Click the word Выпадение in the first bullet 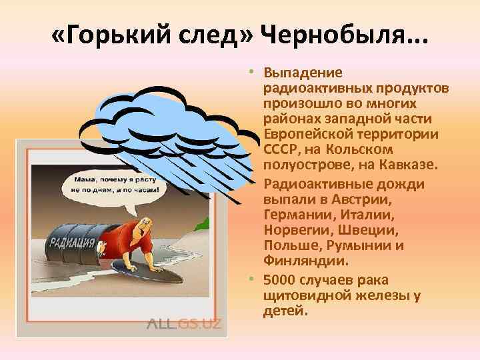tap(303, 72)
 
